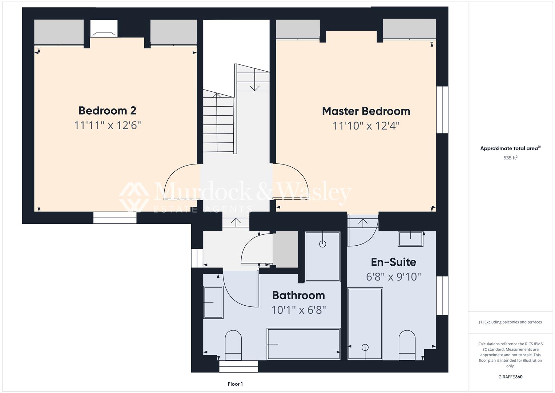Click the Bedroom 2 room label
tap(107, 111)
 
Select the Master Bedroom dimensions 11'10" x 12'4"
tap(366, 126)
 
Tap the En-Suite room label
tap(393, 262)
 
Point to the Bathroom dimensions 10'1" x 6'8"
tap(298, 310)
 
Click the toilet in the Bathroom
tap(233, 345)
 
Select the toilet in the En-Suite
tap(407, 345)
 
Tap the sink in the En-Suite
tap(411, 239)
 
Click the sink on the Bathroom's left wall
tap(213, 302)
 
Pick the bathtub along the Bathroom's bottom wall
tap(303, 344)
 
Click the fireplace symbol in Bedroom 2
tap(104, 35)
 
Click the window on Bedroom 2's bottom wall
tap(115, 218)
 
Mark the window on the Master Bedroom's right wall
tap(442, 110)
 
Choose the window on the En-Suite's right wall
tap(442, 295)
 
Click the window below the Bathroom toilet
tap(238, 366)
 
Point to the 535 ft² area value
tap(510, 158)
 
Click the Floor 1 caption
tap(235, 384)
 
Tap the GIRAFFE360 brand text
tap(510, 377)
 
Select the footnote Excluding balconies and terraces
tap(510, 322)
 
